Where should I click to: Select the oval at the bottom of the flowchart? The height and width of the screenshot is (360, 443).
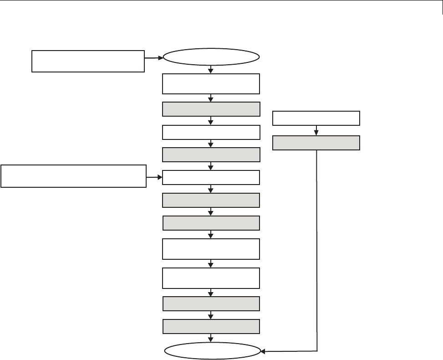211,351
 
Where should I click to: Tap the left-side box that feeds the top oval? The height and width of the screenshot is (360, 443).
88,61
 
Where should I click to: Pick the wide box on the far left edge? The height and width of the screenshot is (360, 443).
74,176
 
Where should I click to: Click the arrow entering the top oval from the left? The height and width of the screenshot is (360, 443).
154,58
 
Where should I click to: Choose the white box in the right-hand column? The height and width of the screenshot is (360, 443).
316,118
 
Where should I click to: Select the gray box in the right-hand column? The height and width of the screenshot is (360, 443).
316,143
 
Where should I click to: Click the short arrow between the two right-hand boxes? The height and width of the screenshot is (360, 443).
316,131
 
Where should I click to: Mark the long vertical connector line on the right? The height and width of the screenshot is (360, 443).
316,251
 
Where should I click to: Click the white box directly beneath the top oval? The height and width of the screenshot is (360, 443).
211,83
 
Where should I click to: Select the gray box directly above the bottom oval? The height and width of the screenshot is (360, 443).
211,327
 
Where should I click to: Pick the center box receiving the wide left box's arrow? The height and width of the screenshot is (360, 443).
211,177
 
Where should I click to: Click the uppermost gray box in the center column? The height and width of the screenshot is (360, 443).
211,109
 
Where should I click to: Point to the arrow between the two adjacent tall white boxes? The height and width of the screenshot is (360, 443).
211,264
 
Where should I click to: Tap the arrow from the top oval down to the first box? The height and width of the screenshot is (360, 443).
211,69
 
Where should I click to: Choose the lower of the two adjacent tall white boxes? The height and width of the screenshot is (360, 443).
211,278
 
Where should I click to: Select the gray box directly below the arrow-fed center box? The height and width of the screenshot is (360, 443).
211,200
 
